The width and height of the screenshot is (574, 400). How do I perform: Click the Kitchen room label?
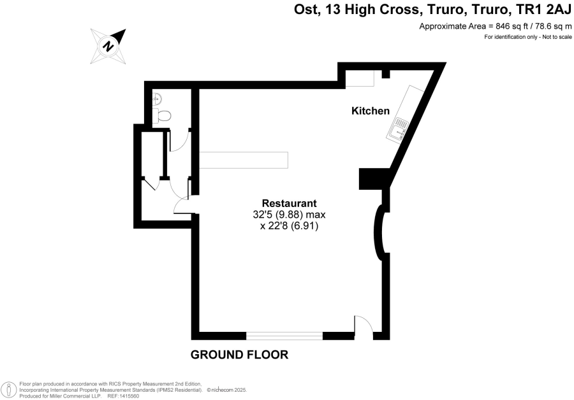point(371,111)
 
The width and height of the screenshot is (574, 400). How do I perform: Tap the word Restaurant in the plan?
point(289,203)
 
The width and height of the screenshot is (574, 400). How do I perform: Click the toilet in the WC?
point(162,115)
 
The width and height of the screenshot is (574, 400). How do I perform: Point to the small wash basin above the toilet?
point(158,98)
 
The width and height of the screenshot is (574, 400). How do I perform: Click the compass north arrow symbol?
point(108,46)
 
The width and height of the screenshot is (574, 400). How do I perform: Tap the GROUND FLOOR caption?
point(239,355)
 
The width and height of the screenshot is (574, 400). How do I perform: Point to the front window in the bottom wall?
point(284,336)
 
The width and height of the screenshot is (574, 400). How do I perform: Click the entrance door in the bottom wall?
point(363,327)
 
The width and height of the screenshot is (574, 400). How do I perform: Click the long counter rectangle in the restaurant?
point(244,160)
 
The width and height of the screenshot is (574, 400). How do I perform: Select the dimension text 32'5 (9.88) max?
point(289,214)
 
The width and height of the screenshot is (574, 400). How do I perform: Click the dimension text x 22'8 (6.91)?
point(289,226)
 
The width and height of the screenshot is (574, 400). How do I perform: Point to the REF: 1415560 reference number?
point(123,396)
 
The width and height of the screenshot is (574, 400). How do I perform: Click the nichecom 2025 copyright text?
point(227,390)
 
